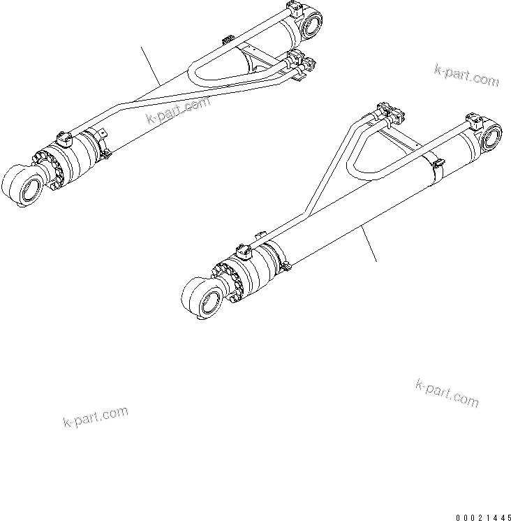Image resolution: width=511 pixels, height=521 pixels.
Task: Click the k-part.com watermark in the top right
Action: click(466, 75)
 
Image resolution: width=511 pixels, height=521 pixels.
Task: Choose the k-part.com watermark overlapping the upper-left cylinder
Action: click(178, 109)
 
